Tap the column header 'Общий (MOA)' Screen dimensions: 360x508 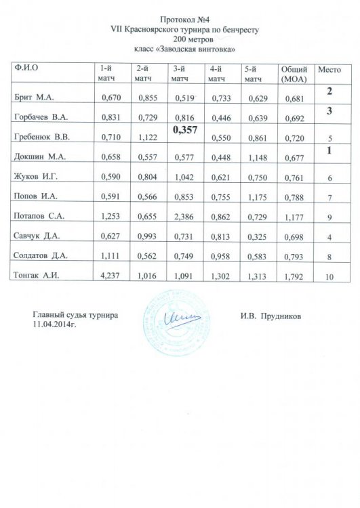(294, 75)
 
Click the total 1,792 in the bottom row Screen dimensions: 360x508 (294, 278)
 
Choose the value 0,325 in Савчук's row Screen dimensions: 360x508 (257, 236)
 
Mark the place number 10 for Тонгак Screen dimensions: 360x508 (329, 278)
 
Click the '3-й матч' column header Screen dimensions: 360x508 (180, 75)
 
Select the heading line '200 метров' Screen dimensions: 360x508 (180, 40)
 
